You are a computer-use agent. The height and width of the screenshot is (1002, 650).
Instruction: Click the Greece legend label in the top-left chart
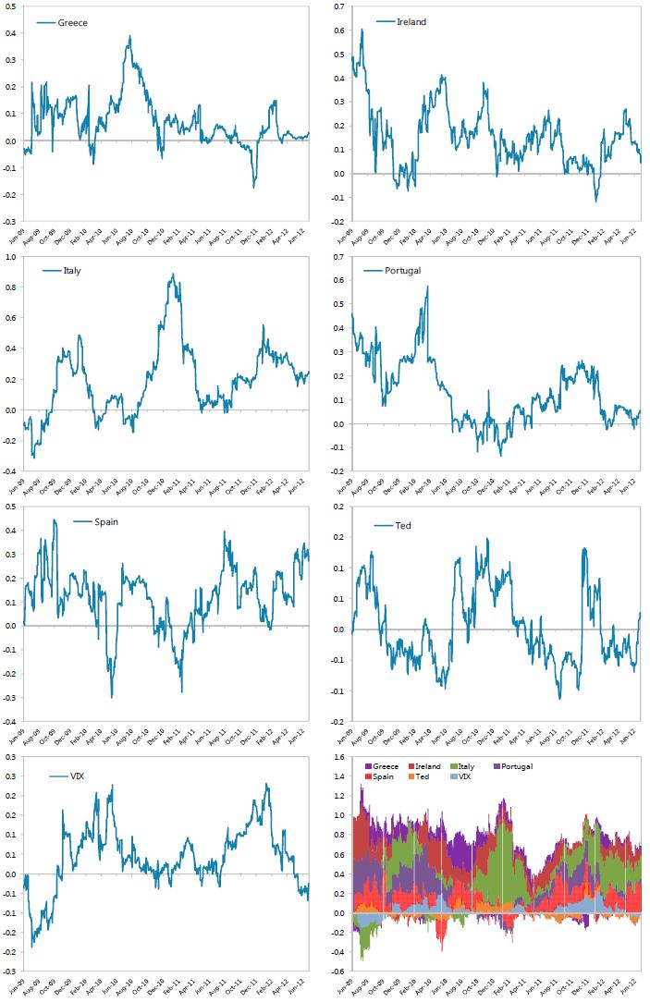click(73, 23)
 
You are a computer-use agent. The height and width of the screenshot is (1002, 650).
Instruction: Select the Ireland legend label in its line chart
click(411, 21)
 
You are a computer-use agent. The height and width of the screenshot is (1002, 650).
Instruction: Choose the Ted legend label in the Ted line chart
click(403, 526)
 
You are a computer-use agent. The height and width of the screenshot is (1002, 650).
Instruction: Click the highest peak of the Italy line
click(172, 275)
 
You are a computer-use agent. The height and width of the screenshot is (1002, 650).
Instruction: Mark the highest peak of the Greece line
click(130, 37)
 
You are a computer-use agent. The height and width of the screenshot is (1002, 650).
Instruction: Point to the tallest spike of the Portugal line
click(427, 287)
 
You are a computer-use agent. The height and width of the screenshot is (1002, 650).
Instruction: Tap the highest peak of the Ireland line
click(362, 30)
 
